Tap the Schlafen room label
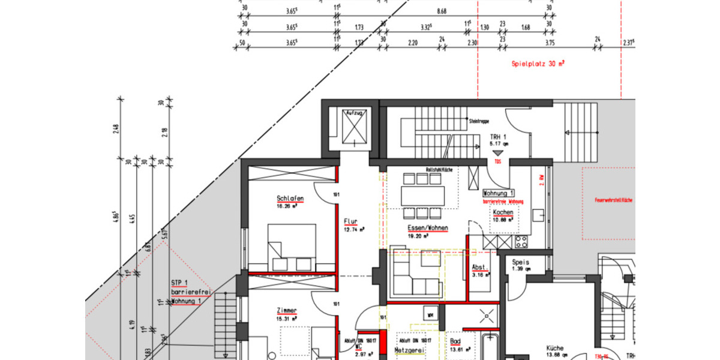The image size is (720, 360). tap(290, 199)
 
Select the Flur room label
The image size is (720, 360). tap(350, 221)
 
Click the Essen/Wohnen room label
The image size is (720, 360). tap(428, 229)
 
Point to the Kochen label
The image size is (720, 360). tap(503, 213)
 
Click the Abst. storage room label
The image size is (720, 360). tap(479, 268)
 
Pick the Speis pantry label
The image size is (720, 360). tap(520, 262)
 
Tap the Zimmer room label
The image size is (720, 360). tap(287, 310)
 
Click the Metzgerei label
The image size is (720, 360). tap(410, 350)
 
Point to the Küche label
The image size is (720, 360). tap(555, 347)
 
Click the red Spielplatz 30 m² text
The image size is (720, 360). tap(538, 63)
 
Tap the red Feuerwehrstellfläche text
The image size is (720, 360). tap(613, 200)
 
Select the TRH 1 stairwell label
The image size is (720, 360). tap(499, 137)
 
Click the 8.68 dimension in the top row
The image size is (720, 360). tap(442, 11)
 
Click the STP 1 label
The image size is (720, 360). tap(180, 283)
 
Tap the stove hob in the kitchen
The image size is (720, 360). tap(521, 242)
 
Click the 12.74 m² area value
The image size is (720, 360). tap(354, 229)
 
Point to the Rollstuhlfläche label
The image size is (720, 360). tap(439, 170)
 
